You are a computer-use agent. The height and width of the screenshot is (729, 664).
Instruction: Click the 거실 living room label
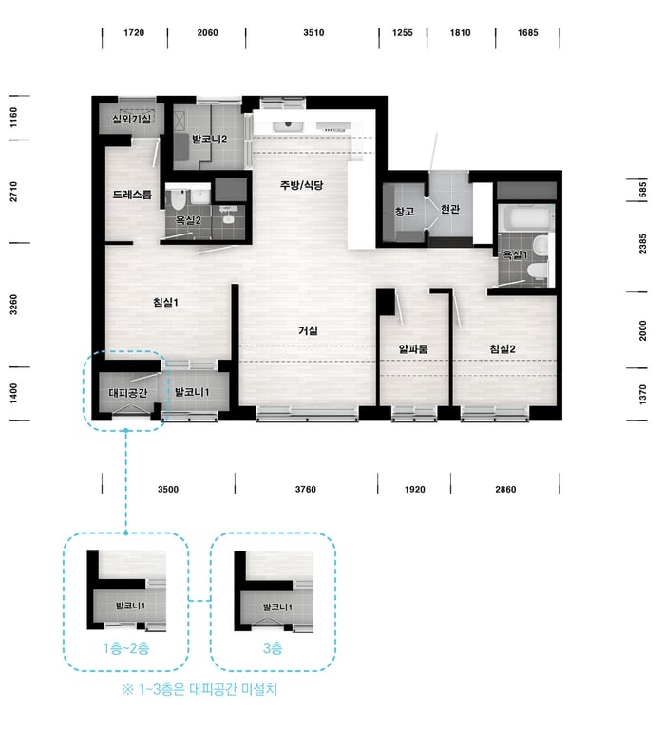click(x=308, y=330)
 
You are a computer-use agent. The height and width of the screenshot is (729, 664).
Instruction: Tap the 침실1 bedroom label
click(x=165, y=302)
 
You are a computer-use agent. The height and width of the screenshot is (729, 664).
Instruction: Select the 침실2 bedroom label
click(x=503, y=348)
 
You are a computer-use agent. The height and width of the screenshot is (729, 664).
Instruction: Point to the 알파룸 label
click(x=413, y=348)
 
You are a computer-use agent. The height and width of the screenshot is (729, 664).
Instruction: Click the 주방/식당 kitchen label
click(x=301, y=185)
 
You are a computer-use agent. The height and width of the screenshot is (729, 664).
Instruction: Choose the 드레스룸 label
click(x=132, y=195)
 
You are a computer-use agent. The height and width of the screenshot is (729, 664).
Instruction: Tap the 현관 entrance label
click(x=450, y=209)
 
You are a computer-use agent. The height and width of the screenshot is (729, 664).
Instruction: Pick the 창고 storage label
click(x=405, y=211)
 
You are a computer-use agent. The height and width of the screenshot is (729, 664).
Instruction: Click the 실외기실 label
click(x=132, y=119)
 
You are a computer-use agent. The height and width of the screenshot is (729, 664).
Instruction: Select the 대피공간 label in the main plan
click(x=128, y=393)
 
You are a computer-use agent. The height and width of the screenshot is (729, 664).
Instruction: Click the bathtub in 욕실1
click(x=525, y=217)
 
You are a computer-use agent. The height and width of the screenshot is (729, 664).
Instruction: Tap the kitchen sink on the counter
click(x=288, y=125)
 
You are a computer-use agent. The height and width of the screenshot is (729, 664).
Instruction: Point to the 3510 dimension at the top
click(x=313, y=32)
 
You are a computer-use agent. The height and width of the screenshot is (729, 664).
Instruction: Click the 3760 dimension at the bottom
click(x=306, y=489)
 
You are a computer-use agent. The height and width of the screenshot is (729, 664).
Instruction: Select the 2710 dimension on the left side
click(x=13, y=192)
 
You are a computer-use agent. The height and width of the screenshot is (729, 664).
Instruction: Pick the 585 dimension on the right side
click(x=642, y=190)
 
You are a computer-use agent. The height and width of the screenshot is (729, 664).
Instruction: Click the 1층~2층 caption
click(x=126, y=648)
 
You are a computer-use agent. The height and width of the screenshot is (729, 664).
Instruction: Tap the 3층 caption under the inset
click(x=273, y=648)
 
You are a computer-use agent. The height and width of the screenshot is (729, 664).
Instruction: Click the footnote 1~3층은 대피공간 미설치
click(x=199, y=689)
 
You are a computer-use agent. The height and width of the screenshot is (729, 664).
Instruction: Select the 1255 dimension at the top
click(x=403, y=32)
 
